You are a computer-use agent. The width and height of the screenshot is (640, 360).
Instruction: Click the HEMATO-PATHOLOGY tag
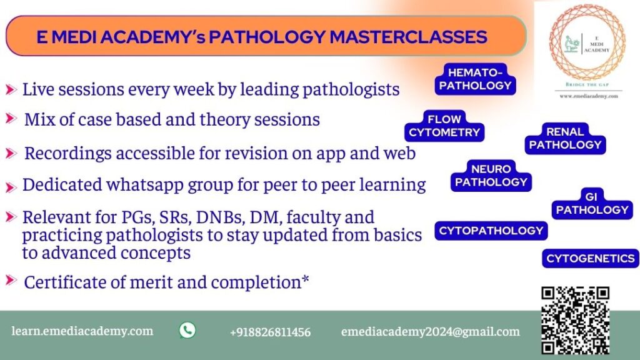tap(475, 79)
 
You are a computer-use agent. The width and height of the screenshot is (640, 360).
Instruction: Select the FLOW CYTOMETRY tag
tap(444, 126)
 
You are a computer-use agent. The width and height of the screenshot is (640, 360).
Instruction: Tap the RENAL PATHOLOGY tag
tap(565, 138)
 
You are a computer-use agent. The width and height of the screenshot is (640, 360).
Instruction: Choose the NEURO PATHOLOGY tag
tap(491, 176)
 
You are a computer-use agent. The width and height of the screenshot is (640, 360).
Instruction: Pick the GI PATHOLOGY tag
tap(592, 204)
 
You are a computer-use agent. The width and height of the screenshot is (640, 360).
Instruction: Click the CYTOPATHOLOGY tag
tap(491, 231)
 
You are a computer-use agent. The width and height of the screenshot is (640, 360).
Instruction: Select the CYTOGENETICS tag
tap(590, 258)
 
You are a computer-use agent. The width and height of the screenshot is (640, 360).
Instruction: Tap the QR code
tap(576, 321)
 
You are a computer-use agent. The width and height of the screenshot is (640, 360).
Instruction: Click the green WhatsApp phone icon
tap(187, 330)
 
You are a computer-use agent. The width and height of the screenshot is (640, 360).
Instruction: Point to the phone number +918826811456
tap(270, 332)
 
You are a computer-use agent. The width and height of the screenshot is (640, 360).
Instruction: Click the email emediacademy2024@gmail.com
tap(431, 331)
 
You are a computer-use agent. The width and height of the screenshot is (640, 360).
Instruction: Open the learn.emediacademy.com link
tap(82, 331)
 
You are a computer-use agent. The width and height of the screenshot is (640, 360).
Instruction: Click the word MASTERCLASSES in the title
tap(409, 37)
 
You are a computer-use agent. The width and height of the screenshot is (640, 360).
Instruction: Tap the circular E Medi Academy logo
tap(587, 42)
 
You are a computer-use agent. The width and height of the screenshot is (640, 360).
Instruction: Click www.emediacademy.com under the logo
tap(589, 96)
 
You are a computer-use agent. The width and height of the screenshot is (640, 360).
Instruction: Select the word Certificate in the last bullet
tap(72, 282)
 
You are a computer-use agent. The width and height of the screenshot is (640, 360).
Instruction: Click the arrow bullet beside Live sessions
tap(11, 89)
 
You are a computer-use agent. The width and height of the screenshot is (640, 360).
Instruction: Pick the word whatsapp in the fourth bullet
tap(144, 185)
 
